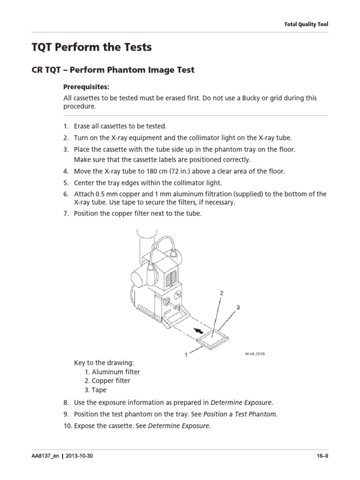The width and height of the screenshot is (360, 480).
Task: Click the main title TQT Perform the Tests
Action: tap(91, 47)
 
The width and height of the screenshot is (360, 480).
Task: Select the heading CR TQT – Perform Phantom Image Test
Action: tap(112, 70)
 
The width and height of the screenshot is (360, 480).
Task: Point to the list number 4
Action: tap(66, 171)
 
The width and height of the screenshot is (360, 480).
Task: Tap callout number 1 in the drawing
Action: tap(187, 355)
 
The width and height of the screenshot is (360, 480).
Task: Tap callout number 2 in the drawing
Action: tap(221, 293)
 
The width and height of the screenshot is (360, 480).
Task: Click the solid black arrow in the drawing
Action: tap(202, 331)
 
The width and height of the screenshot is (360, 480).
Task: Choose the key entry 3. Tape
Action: tap(96, 390)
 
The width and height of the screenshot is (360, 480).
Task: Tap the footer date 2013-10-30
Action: tap(80, 456)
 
